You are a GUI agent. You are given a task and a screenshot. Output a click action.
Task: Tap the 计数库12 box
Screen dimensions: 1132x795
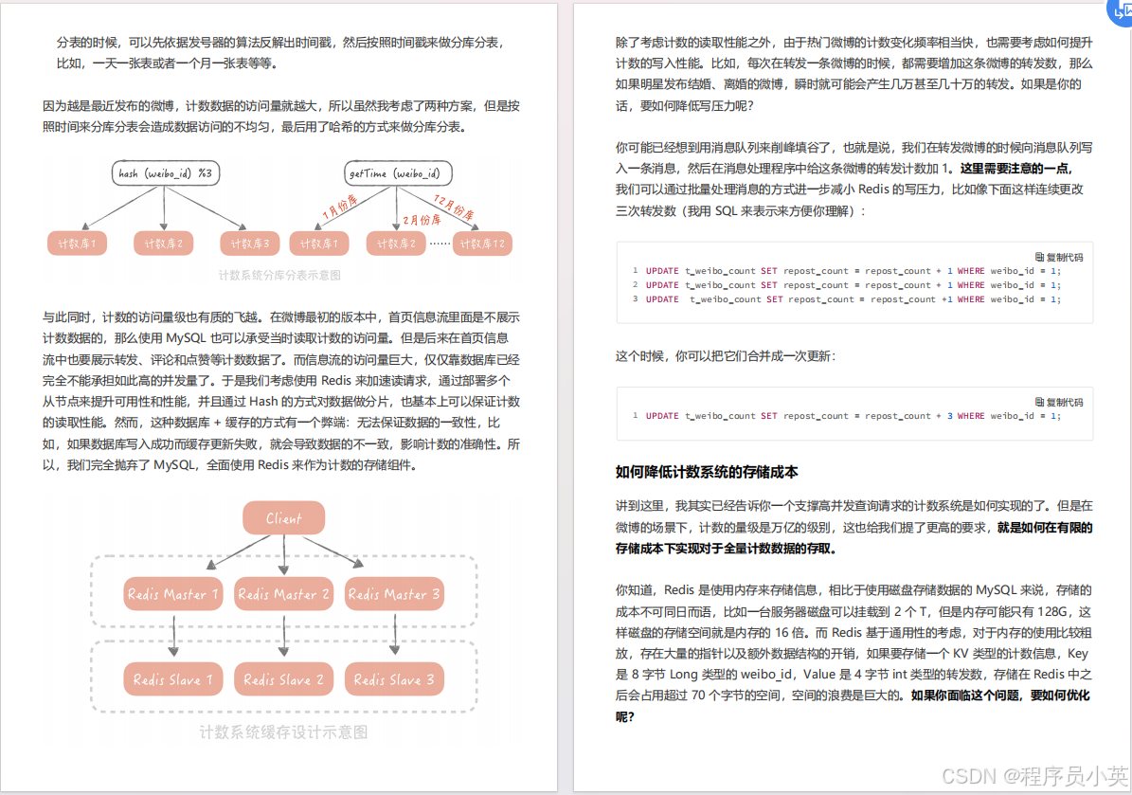[x=486, y=244]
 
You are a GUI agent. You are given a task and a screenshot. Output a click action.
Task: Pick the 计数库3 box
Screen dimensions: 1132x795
[x=249, y=244]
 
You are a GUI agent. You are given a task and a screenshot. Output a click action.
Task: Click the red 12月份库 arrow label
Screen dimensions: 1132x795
[x=453, y=208]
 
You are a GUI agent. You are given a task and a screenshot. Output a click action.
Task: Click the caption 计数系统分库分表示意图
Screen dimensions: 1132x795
[x=279, y=276]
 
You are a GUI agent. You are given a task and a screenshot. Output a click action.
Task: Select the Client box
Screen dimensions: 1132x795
[x=283, y=518]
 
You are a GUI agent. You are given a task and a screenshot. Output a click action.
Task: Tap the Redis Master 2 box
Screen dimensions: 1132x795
[x=283, y=594]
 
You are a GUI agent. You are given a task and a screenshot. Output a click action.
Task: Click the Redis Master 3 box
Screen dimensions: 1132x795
[x=394, y=594]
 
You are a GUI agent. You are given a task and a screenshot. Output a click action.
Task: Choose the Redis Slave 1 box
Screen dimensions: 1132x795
[x=172, y=679]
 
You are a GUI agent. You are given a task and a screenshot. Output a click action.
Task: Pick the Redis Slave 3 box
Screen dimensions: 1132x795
[x=394, y=679]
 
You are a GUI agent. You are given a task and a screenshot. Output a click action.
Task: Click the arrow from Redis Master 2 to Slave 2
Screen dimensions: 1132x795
[x=283, y=636]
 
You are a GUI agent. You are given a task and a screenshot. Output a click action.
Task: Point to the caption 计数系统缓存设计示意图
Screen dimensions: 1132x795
[x=283, y=732]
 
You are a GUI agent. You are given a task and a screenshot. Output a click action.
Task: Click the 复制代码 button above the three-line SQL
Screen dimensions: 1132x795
[x=1059, y=257]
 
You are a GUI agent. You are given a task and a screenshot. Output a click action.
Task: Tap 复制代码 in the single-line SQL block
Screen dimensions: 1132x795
[x=1059, y=402]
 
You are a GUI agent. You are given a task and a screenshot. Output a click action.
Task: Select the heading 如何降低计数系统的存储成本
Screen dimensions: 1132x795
[x=707, y=472]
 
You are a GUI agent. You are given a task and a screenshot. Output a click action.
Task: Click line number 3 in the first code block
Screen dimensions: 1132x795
[x=636, y=299]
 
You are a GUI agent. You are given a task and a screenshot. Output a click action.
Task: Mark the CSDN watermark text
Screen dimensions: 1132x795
[x=1052, y=775]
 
